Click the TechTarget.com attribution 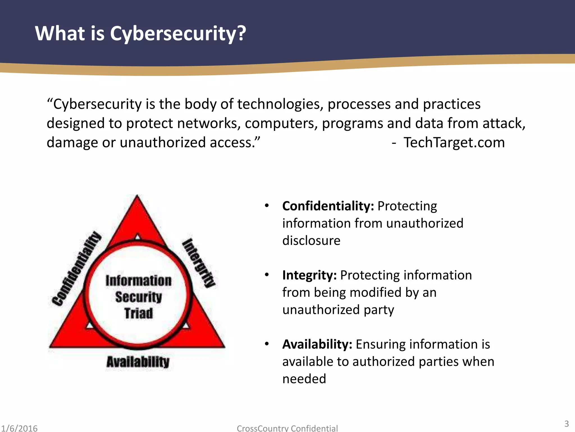tap(454, 142)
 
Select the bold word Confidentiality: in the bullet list tap(328, 206)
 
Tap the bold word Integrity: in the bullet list tap(309, 275)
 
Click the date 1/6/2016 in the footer tap(19, 428)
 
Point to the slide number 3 tap(567, 424)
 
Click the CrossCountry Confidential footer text tap(287, 428)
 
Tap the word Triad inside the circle tap(139, 313)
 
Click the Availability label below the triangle tap(138, 362)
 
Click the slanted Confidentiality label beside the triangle tap(76, 269)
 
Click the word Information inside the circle tap(138, 281)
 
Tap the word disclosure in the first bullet tap(311, 241)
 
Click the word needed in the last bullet tap(304, 379)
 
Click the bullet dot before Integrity tap(267, 275)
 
